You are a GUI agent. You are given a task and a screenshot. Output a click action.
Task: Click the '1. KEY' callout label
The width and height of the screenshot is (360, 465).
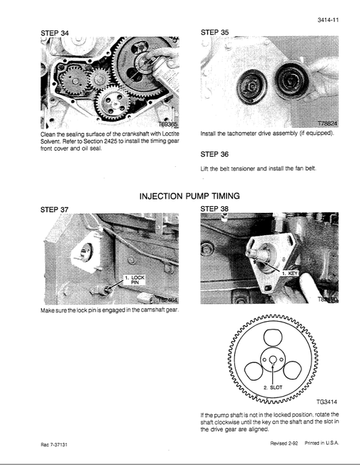290,274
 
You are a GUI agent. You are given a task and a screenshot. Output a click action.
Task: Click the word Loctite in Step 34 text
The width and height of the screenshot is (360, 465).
166,134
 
